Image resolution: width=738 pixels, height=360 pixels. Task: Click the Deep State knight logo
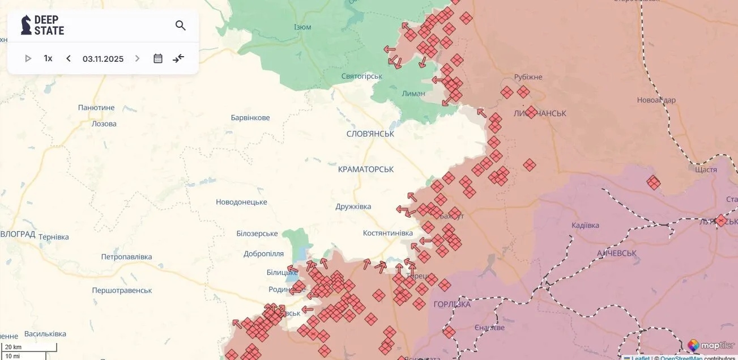click(26, 25)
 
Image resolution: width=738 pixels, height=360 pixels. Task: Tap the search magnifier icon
click(181, 26)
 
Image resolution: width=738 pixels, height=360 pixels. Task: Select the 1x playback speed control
click(48, 58)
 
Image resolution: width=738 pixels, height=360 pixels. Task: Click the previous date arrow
click(69, 58)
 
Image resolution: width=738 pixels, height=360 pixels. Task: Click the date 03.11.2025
click(103, 59)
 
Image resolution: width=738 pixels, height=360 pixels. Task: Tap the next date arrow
click(137, 58)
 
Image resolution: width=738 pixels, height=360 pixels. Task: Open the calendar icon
click(158, 58)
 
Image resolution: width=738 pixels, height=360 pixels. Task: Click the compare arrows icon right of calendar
click(178, 58)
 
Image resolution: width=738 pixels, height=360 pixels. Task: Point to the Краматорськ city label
click(365, 170)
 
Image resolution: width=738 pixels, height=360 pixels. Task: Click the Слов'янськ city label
click(370, 134)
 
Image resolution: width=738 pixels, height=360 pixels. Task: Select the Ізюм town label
click(302, 27)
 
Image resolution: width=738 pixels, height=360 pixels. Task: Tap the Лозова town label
click(104, 124)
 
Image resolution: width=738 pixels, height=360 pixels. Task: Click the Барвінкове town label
click(250, 118)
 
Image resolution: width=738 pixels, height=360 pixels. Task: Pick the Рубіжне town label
click(528, 77)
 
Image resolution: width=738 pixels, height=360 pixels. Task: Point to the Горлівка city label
click(452, 304)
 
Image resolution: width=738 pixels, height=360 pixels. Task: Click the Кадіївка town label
click(585, 226)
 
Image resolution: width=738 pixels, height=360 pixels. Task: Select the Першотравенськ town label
click(122, 290)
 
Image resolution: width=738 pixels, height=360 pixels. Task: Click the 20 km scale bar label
click(13, 347)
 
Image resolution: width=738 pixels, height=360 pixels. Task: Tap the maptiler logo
click(711, 345)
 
